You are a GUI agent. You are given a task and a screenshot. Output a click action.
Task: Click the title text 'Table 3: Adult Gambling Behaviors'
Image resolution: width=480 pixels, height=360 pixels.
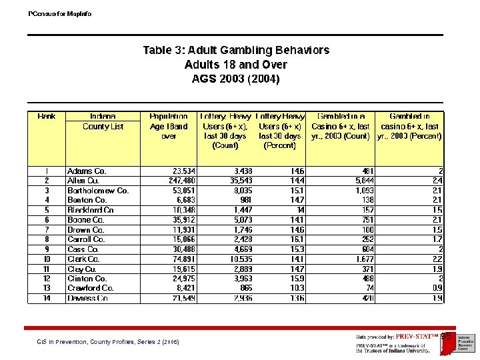(x=236, y=51)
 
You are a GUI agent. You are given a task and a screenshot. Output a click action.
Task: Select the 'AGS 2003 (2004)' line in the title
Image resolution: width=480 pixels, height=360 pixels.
(x=236, y=79)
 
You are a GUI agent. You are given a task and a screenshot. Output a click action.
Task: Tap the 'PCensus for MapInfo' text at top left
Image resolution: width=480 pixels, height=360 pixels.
(x=61, y=13)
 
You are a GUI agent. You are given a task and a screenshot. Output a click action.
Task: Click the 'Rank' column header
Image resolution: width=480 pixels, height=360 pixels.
(x=47, y=117)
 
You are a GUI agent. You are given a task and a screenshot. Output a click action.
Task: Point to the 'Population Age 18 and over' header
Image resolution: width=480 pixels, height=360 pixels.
(x=169, y=126)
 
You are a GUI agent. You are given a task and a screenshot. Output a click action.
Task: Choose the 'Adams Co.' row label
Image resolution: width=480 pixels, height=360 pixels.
(x=87, y=171)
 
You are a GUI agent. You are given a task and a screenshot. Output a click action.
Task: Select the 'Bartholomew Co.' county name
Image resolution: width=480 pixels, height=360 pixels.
(x=98, y=191)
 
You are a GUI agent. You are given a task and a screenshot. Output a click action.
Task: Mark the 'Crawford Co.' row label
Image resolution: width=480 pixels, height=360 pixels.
(x=90, y=288)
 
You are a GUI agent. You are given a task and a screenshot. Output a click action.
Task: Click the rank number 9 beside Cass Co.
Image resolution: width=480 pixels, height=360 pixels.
(x=47, y=249)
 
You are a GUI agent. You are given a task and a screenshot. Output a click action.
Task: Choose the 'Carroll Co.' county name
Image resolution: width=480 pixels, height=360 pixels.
(x=86, y=239)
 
